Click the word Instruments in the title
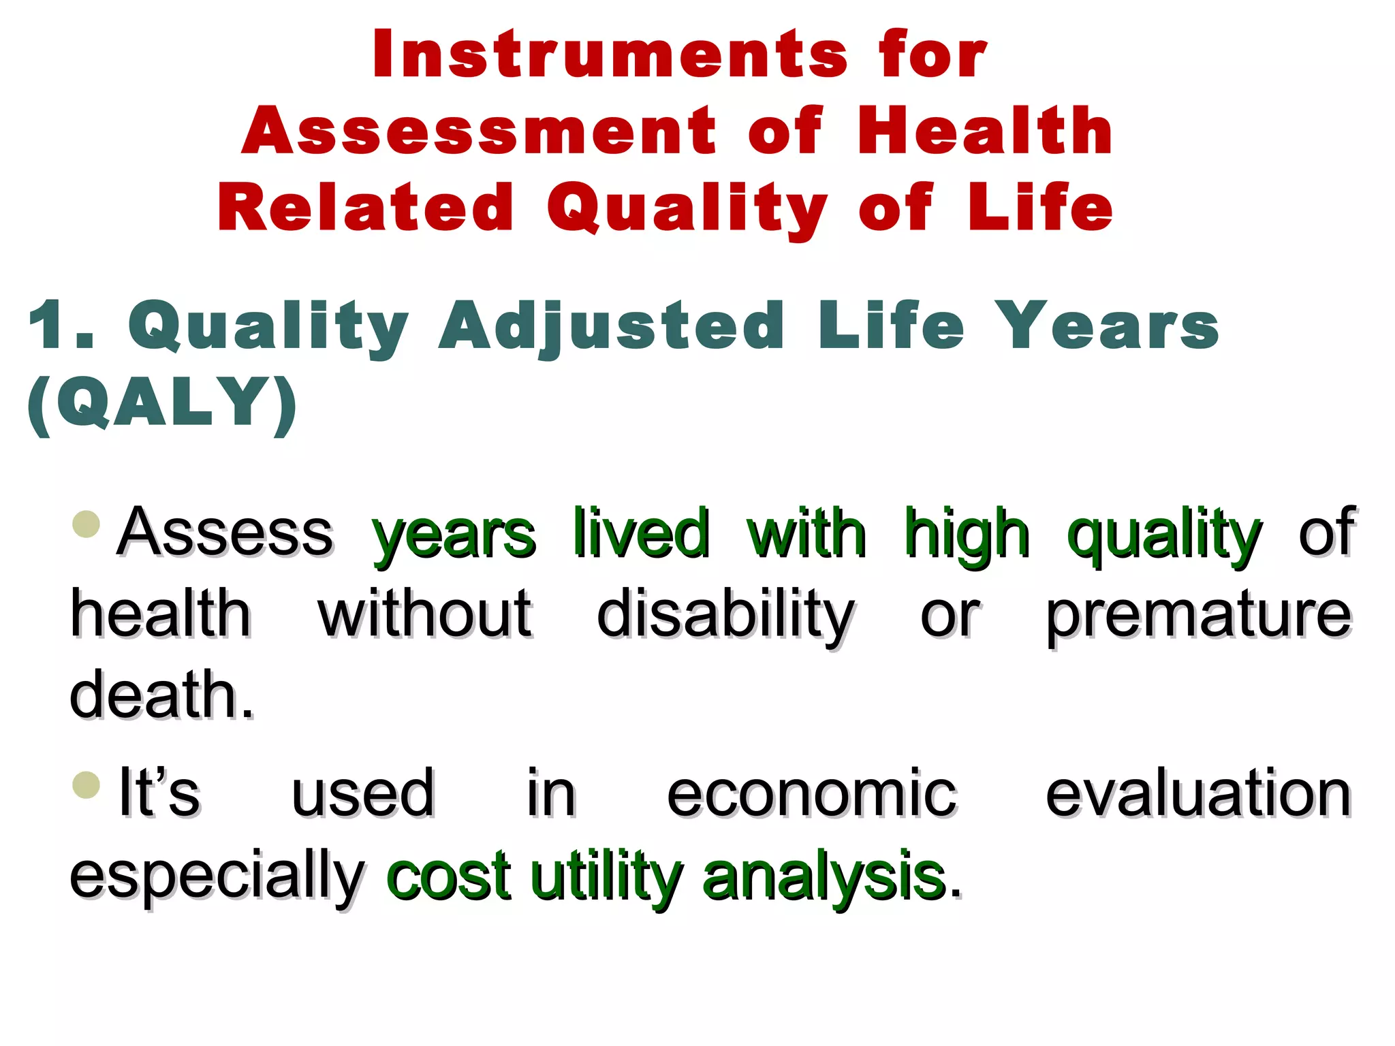[610, 55]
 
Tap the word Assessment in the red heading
[479, 131]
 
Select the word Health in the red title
[984, 131]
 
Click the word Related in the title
[365, 208]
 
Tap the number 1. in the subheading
[61, 326]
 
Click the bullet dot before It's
[87, 784]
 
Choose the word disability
[725, 615]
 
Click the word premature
[1198, 615]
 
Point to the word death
[161, 695]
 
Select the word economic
[811, 794]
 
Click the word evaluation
[1198, 794]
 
